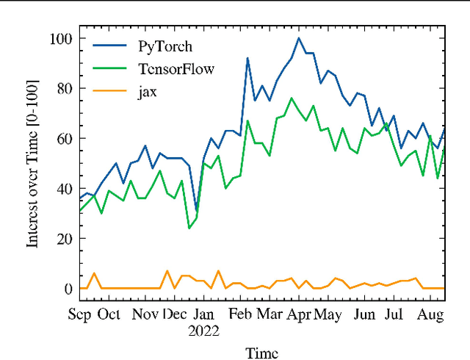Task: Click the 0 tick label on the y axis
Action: coord(66,288)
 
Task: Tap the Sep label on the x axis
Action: coord(80,314)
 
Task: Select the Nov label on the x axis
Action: coord(145,314)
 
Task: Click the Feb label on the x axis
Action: coord(241,314)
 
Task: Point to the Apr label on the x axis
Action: coord(299,314)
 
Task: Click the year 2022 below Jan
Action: coord(203,331)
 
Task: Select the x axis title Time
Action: coord(262,353)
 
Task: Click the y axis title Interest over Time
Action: coord(33,163)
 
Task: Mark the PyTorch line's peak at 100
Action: coord(299,38)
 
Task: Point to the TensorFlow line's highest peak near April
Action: coord(292,98)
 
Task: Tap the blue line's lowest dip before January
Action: coord(196,211)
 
